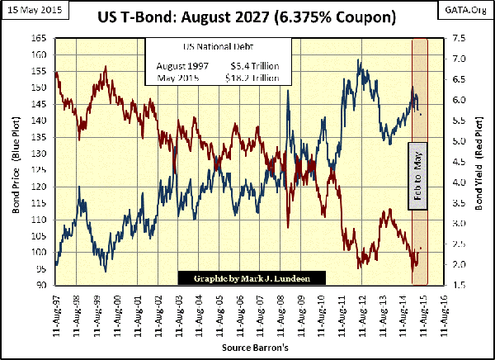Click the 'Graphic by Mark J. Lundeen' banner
(x=252, y=278)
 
